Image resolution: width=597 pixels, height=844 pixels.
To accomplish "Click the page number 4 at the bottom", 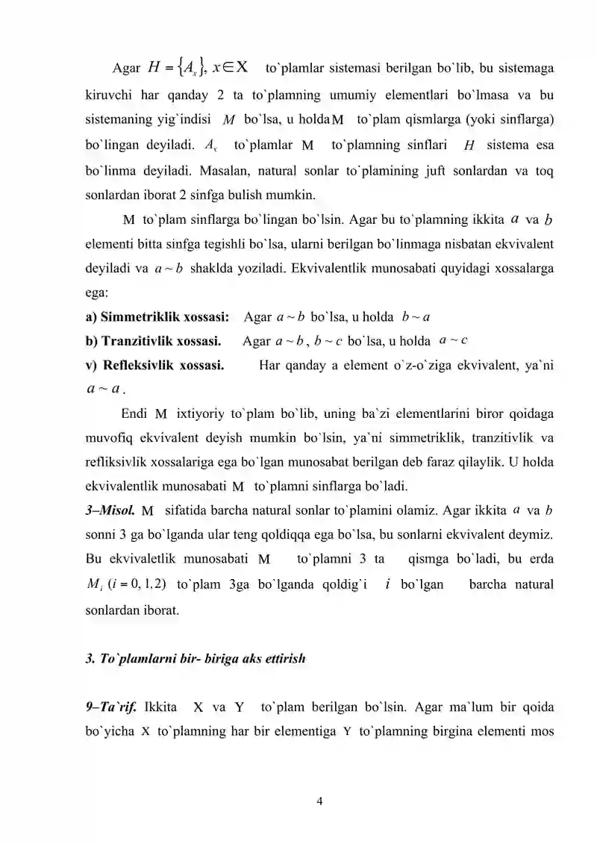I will coord(320,802).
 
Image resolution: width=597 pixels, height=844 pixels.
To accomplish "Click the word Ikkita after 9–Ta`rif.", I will coord(160,707).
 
